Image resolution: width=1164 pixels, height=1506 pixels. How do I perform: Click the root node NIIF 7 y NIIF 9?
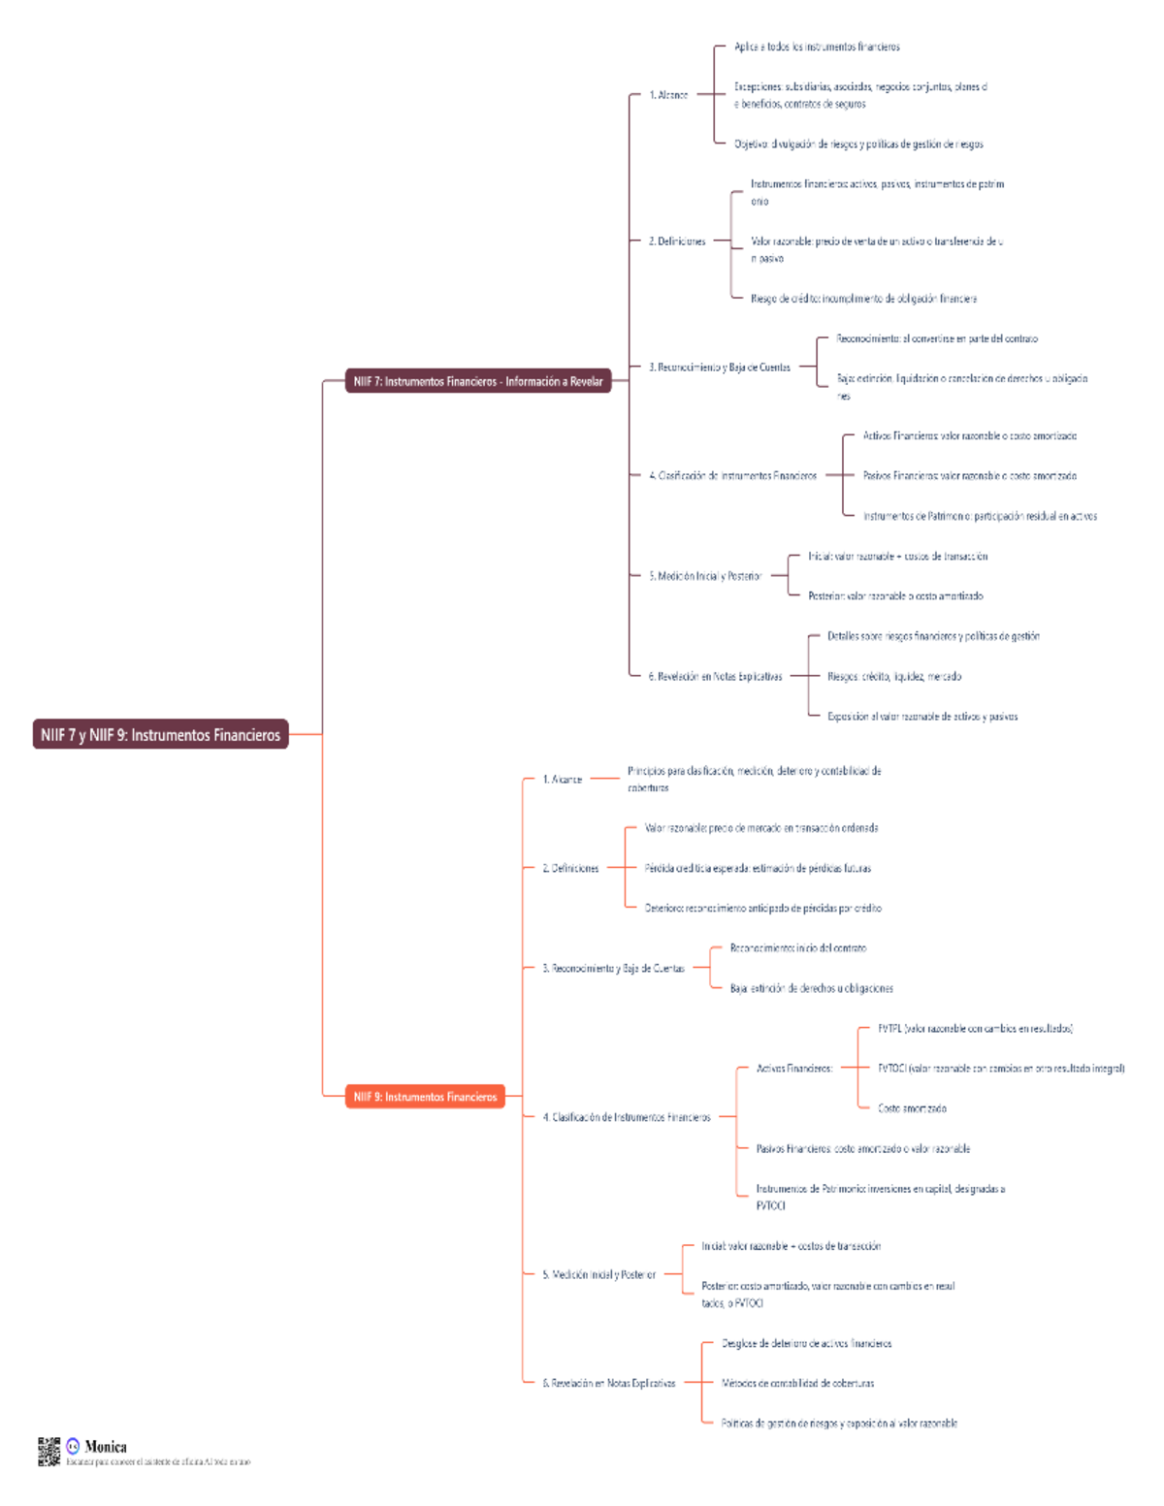tap(160, 734)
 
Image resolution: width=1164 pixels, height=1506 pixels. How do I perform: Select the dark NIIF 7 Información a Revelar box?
tap(477, 381)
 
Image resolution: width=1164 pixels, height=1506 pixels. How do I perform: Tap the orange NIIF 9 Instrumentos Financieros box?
tap(425, 1097)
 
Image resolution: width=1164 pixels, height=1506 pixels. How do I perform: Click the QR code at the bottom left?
tap(48, 1452)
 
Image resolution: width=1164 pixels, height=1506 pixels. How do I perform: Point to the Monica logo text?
tap(105, 1447)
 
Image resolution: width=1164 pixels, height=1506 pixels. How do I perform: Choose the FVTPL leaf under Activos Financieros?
tap(974, 1028)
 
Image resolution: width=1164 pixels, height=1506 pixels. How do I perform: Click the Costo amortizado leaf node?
tap(912, 1108)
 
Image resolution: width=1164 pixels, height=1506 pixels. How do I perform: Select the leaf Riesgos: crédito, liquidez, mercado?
tap(893, 676)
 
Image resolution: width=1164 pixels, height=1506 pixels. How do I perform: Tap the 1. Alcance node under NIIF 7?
tap(668, 95)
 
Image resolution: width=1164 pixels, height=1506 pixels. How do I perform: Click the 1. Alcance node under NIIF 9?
tap(563, 779)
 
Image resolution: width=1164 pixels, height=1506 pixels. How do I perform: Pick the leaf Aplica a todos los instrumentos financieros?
tap(817, 47)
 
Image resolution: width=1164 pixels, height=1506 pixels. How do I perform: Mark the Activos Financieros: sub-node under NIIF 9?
tap(794, 1069)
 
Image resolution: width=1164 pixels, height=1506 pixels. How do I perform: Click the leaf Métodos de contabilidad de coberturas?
tap(797, 1383)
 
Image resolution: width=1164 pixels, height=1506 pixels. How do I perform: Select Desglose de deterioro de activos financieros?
tap(806, 1343)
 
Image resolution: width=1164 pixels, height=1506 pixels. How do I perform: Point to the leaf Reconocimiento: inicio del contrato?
tap(797, 948)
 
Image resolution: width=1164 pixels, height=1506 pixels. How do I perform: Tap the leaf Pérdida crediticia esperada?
tap(758, 868)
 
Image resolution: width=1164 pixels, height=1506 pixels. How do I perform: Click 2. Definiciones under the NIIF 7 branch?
tap(677, 240)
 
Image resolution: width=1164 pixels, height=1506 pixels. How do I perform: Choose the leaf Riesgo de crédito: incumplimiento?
tap(863, 299)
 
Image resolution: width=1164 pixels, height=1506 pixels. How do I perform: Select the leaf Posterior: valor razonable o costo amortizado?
tap(895, 595)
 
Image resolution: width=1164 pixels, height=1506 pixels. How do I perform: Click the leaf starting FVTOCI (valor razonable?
tap(1001, 1068)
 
